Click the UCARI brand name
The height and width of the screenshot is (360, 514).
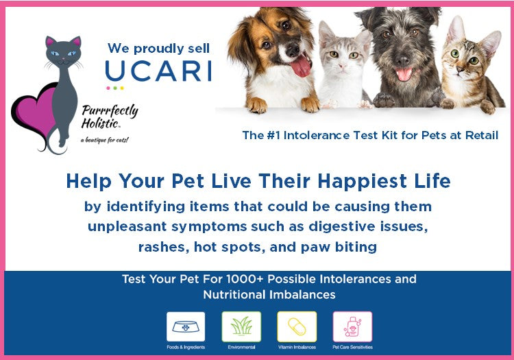pyautogui.click(x=159, y=71)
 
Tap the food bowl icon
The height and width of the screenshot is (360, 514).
pyautogui.click(x=186, y=327)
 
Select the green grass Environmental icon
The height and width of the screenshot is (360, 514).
pyautogui.click(x=241, y=327)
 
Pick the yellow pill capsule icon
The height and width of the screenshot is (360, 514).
pyautogui.click(x=297, y=327)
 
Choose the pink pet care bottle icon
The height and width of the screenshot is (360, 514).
pyautogui.click(x=352, y=327)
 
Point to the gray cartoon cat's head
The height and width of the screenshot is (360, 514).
pyautogui.click(x=63, y=51)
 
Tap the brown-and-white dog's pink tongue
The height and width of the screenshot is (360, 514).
pyautogui.click(x=302, y=67)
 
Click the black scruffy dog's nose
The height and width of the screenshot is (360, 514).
pyautogui.click(x=402, y=60)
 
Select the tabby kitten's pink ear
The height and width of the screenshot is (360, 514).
pyautogui.click(x=456, y=30)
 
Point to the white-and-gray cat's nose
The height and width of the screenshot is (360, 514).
pyautogui.click(x=343, y=66)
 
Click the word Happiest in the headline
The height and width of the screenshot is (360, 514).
pyautogui.click(x=363, y=181)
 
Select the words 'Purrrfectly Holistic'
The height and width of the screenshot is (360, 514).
pyautogui.click(x=110, y=117)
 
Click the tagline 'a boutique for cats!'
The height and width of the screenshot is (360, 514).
pyautogui.click(x=105, y=141)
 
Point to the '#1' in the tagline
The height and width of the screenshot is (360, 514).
pyautogui.click(x=273, y=135)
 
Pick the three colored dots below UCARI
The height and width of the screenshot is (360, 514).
pyautogui.click(x=115, y=88)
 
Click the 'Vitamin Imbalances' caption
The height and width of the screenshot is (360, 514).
pyautogui.click(x=297, y=347)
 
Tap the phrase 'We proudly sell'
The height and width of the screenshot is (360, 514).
pyautogui.click(x=158, y=49)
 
